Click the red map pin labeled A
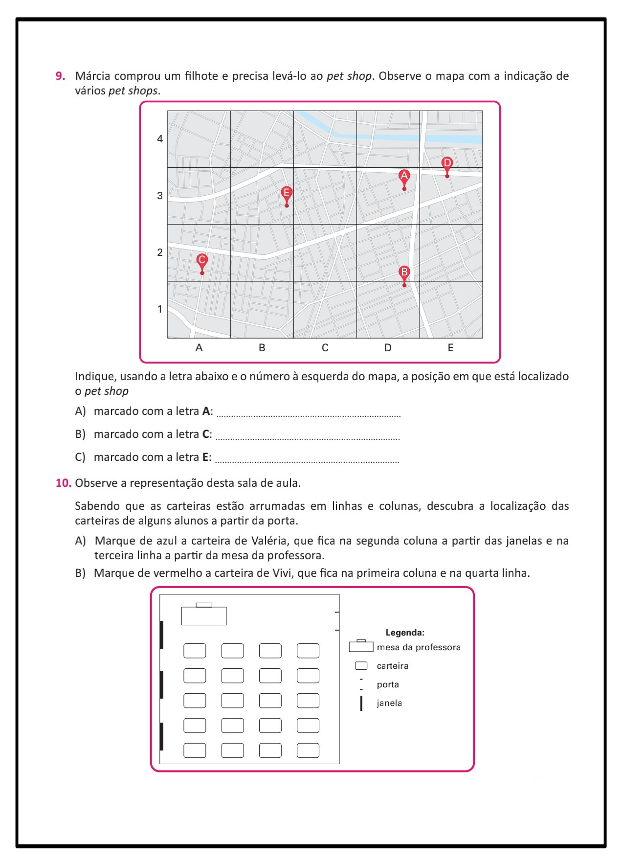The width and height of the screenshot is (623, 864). coord(404,177)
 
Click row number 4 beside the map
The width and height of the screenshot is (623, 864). coord(160,139)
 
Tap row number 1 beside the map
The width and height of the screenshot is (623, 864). coord(160,309)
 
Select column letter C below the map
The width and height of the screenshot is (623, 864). coord(325,348)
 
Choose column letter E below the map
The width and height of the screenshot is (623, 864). coord(450,348)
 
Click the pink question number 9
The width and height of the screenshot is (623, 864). coord(60,76)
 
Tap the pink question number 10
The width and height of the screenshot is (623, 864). coord(63,483)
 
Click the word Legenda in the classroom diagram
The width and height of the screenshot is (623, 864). coord(405,633)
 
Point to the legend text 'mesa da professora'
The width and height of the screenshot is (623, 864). coord(419,647)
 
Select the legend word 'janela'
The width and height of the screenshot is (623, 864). coord(389,703)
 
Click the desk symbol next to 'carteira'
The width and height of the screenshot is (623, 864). coord(361,666)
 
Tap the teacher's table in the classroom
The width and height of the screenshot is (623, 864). coord(204,615)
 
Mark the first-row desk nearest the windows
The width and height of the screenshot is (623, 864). coord(195,651)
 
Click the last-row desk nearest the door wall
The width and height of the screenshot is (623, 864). coord(308,750)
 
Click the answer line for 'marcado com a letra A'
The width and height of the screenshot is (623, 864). coord(308,414)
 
